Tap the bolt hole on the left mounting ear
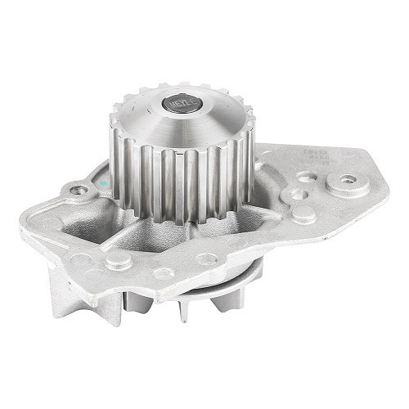click(x=79, y=191)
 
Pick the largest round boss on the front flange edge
click(x=118, y=261)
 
